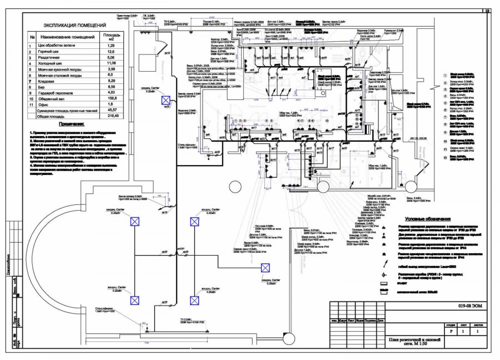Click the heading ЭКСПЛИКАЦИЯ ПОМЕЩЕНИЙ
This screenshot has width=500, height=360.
coord(75,26)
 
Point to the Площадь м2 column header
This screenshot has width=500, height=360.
coord(111,37)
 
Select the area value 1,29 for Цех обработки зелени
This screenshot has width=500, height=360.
coord(111,46)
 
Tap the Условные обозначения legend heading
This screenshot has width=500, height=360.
coord(425,219)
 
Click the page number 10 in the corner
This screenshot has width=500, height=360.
coord(487,10)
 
